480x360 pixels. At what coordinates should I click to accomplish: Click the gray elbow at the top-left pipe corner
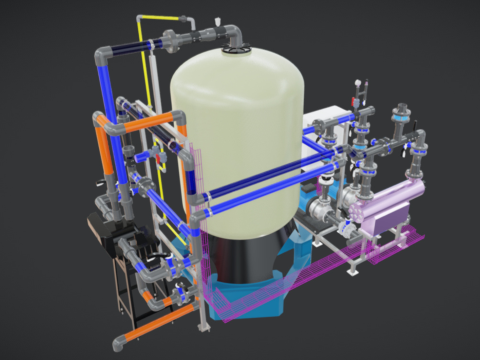pos(100,55)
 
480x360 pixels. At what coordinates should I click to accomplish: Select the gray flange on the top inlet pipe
pos(176,40)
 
